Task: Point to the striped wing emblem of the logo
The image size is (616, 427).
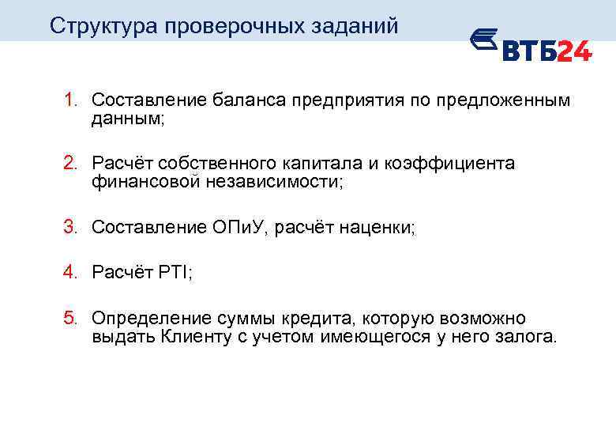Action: (x=483, y=43)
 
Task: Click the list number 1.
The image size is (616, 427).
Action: (x=70, y=100)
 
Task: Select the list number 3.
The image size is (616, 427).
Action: (x=70, y=227)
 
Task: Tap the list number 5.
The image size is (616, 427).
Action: (x=70, y=318)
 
